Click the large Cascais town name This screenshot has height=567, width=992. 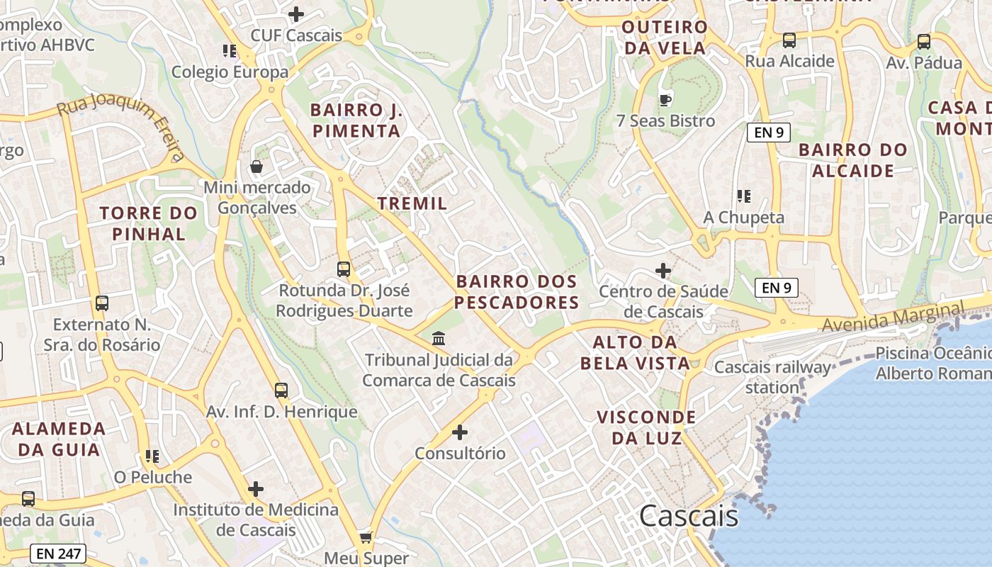coord(689,517)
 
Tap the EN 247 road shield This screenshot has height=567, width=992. coord(58,554)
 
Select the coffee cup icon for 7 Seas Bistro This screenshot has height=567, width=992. coord(665,99)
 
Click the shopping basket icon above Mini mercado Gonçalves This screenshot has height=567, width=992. coord(256,167)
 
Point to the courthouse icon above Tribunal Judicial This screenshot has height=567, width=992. coord(439,339)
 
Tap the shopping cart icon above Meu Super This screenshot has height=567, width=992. coord(366,537)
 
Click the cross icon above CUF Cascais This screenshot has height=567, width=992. coord(296,13)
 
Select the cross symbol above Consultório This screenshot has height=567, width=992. coord(460,432)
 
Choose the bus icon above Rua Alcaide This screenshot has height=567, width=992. coord(789,40)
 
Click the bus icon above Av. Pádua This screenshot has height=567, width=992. coord(924,42)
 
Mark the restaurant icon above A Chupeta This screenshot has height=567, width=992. coord(743,196)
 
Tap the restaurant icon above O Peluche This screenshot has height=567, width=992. coord(152,456)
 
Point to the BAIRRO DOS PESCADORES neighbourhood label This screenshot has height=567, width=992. coord(517,292)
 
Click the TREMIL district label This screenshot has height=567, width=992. coord(412,203)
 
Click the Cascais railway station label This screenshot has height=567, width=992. coord(772,377)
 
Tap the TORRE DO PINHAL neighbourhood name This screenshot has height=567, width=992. coord(148,223)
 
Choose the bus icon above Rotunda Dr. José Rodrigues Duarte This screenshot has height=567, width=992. coord(344,269)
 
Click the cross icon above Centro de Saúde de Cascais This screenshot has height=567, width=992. coord(663,270)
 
